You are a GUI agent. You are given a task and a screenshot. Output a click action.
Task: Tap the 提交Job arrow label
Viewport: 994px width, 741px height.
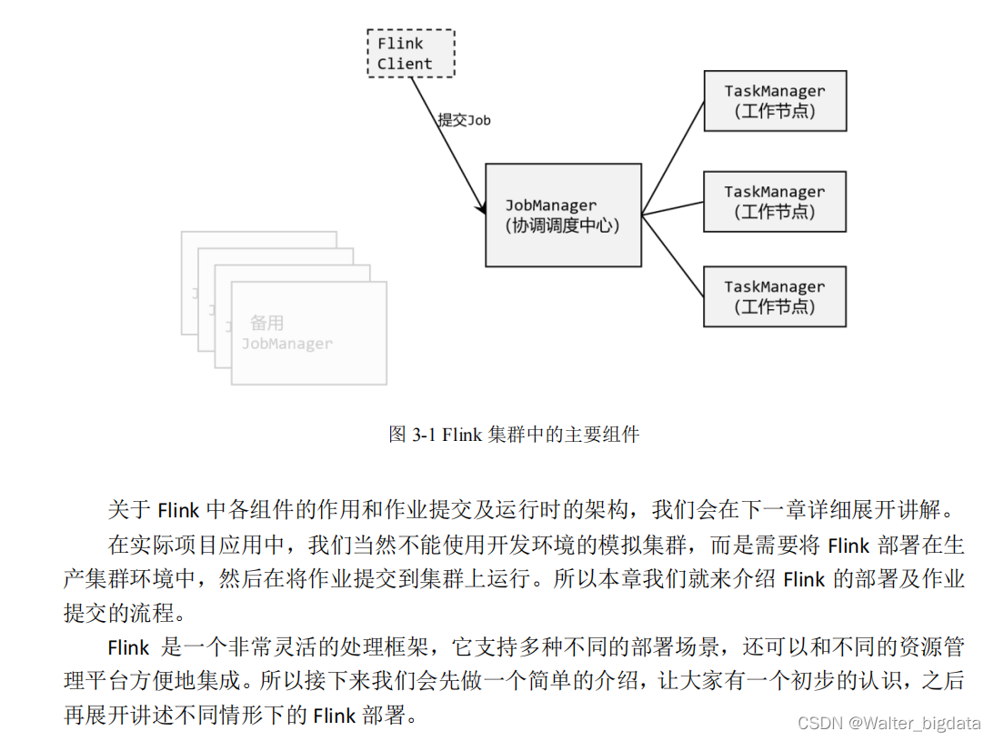(x=464, y=120)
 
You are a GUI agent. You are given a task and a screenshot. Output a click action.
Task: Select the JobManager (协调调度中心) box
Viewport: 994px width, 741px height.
(x=562, y=215)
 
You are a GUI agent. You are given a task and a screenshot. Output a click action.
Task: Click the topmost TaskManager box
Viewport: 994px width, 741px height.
(x=774, y=100)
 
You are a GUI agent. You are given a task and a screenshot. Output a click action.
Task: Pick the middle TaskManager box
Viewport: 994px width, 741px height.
(x=774, y=201)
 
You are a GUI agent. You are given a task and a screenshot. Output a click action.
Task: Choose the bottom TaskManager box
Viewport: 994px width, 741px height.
(x=774, y=296)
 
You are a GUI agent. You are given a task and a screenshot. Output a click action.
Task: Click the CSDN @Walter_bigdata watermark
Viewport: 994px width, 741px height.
(x=889, y=723)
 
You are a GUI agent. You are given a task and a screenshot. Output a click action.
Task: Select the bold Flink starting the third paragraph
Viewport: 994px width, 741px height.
(x=128, y=647)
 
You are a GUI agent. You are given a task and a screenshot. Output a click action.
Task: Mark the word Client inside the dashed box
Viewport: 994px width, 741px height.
(x=405, y=64)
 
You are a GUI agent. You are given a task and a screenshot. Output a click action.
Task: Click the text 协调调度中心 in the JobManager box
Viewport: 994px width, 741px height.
(x=562, y=225)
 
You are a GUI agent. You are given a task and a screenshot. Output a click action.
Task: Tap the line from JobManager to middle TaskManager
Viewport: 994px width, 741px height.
(x=673, y=208)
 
